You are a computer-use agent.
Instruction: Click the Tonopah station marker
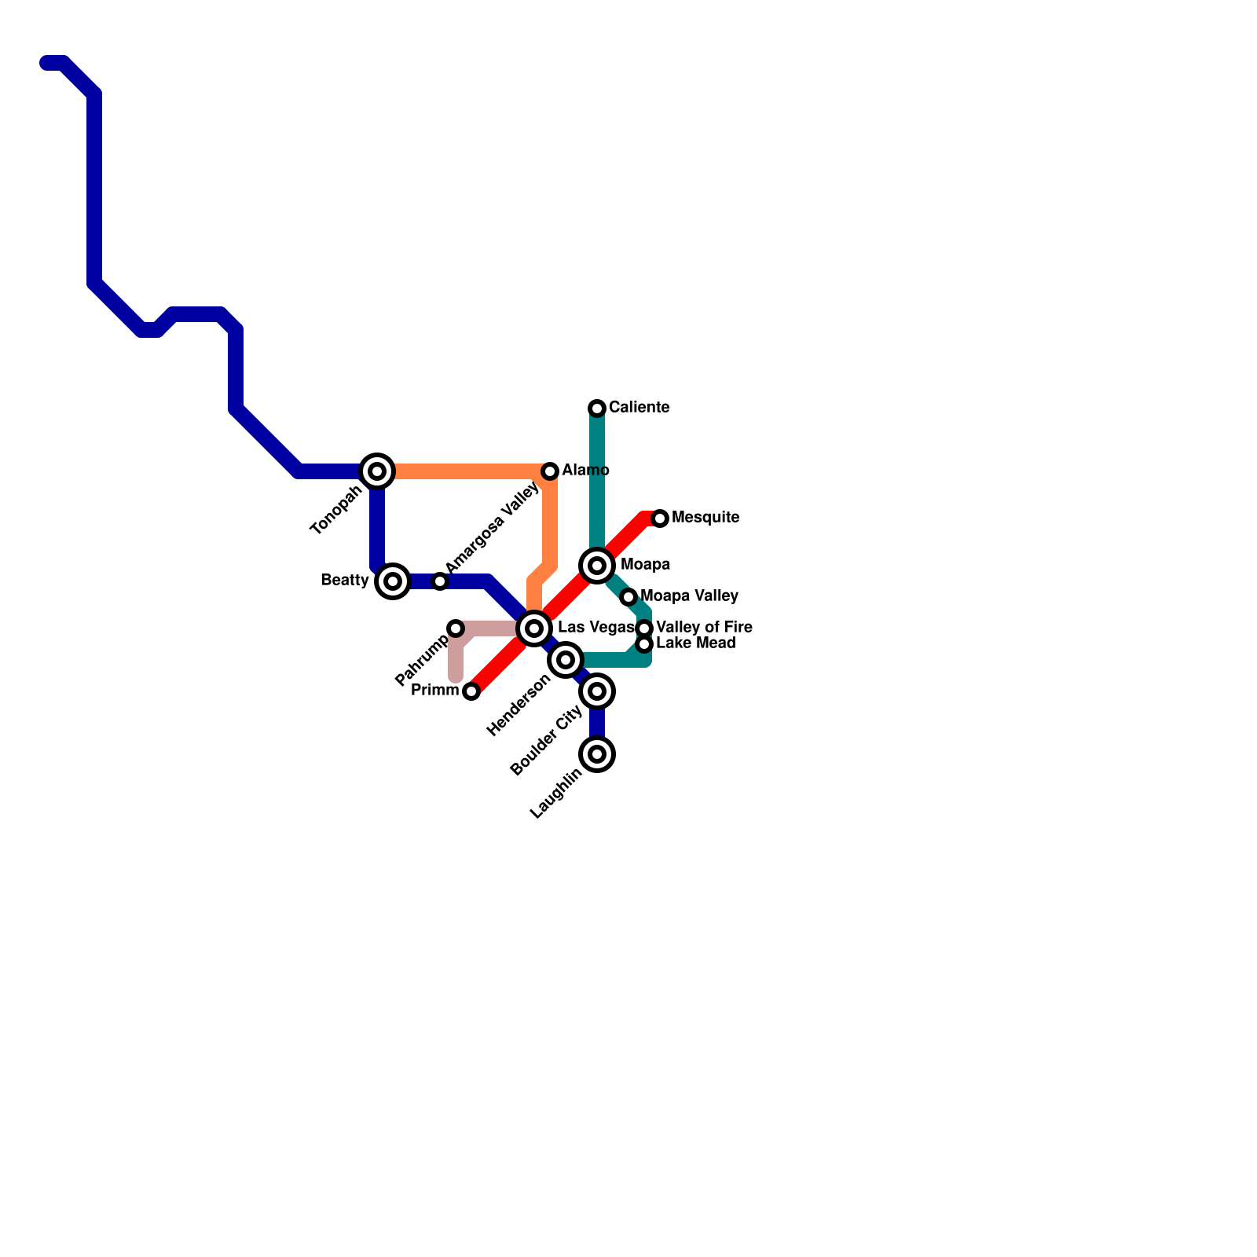377,471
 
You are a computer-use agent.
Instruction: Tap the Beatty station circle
393,581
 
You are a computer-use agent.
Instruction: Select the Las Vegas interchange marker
534,628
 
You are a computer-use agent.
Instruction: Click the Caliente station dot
597,409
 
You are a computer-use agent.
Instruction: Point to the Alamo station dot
550,471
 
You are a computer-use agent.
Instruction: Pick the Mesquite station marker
660,519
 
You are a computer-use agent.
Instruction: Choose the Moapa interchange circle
597,566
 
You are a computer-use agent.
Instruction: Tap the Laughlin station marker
597,754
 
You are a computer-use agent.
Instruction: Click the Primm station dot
471,691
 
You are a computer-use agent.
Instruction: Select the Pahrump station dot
456,628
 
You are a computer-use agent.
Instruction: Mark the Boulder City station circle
597,691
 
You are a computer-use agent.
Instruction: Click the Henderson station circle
566,660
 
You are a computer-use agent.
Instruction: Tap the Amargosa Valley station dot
440,581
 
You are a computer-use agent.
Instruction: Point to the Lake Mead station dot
644,644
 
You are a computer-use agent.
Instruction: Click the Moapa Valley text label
689,596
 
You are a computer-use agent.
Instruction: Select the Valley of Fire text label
704,628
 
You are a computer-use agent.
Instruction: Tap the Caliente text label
639,408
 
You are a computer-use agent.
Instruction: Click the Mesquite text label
705,518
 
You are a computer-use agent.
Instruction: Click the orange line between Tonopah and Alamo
464,471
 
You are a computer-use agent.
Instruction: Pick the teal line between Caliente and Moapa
597,479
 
